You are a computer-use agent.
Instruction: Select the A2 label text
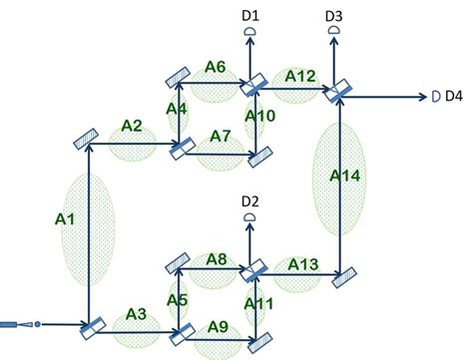point(133,126)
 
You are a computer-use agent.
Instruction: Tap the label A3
point(137,315)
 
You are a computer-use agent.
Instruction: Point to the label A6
point(216,67)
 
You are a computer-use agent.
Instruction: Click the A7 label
point(221,135)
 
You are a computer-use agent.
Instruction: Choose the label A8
point(217,260)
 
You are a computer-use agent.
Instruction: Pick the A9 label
point(217,326)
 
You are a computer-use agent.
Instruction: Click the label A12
point(300,76)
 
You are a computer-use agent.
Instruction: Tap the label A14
point(343,176)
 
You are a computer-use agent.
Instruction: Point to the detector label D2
point(249,202)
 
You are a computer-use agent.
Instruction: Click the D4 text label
point(453,97)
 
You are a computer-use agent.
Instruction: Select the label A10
point(259,117)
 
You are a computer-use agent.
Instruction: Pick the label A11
point(258,304)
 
